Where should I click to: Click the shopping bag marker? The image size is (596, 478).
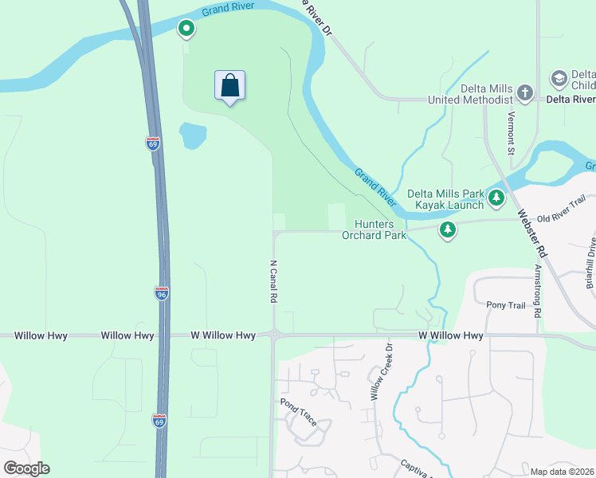(229, 86)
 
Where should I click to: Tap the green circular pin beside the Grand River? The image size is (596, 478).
(186, 29)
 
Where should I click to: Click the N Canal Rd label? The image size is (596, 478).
(273, 281)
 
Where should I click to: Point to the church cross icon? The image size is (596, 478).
(524, 93)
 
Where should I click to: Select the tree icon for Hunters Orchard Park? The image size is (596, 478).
(448, 230)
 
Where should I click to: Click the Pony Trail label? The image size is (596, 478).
(507, 304)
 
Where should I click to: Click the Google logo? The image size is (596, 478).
(26, 468)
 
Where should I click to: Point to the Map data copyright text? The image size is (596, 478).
(561, 472)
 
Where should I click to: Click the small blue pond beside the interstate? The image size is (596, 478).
(192, 136)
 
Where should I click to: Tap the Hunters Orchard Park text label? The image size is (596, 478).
(374, 230)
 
